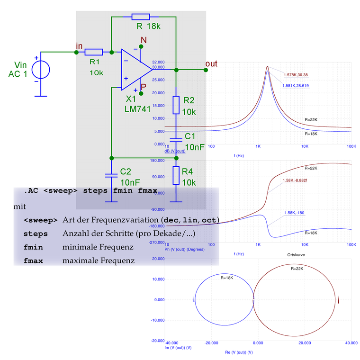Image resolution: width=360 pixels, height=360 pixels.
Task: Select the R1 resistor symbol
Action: pos(94,52)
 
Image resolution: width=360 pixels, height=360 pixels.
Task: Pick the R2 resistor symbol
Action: pos(176,105)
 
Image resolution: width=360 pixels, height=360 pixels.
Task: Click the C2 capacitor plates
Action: pos(110,174)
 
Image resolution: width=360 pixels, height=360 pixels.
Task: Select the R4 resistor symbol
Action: pos(176,175)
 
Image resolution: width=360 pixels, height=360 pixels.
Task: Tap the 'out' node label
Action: pos(211,64)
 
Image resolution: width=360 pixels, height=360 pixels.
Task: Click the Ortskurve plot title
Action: pos(296,255)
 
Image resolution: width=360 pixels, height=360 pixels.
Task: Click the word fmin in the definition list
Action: pos(33,247)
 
